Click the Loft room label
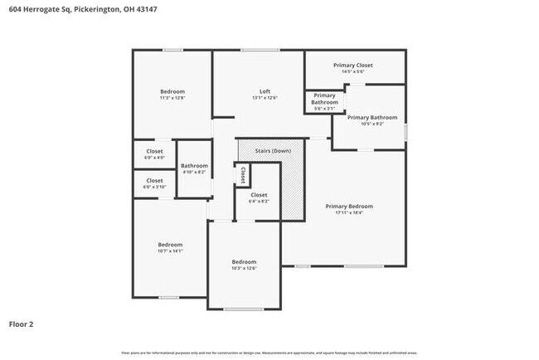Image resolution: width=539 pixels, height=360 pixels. pos(265,91)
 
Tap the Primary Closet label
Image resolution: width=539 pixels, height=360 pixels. pos(353,65)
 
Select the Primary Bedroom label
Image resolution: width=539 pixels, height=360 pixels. pos(348,206)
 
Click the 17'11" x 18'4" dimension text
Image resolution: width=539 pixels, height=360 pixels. pos(348,213)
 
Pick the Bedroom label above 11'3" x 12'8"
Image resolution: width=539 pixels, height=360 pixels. pos(172,91)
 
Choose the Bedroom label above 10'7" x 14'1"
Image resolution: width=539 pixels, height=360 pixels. pos(170,244)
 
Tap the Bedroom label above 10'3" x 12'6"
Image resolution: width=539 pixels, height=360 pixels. pos(244,261)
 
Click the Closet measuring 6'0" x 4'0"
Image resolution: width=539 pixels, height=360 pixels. pos(154,153)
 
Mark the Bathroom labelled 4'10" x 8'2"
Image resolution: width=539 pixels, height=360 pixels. pos(194,168)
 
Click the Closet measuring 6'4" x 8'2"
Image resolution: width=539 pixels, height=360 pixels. pos(259,197)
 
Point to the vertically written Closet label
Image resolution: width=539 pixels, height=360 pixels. pos(243,175)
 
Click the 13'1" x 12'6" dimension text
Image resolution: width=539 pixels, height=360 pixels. pos(265,99)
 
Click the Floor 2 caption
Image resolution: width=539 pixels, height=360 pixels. pos(22,324)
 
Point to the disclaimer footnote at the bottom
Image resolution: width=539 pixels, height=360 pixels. pos(269,352)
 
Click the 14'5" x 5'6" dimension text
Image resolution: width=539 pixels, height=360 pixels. pos(353,72)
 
